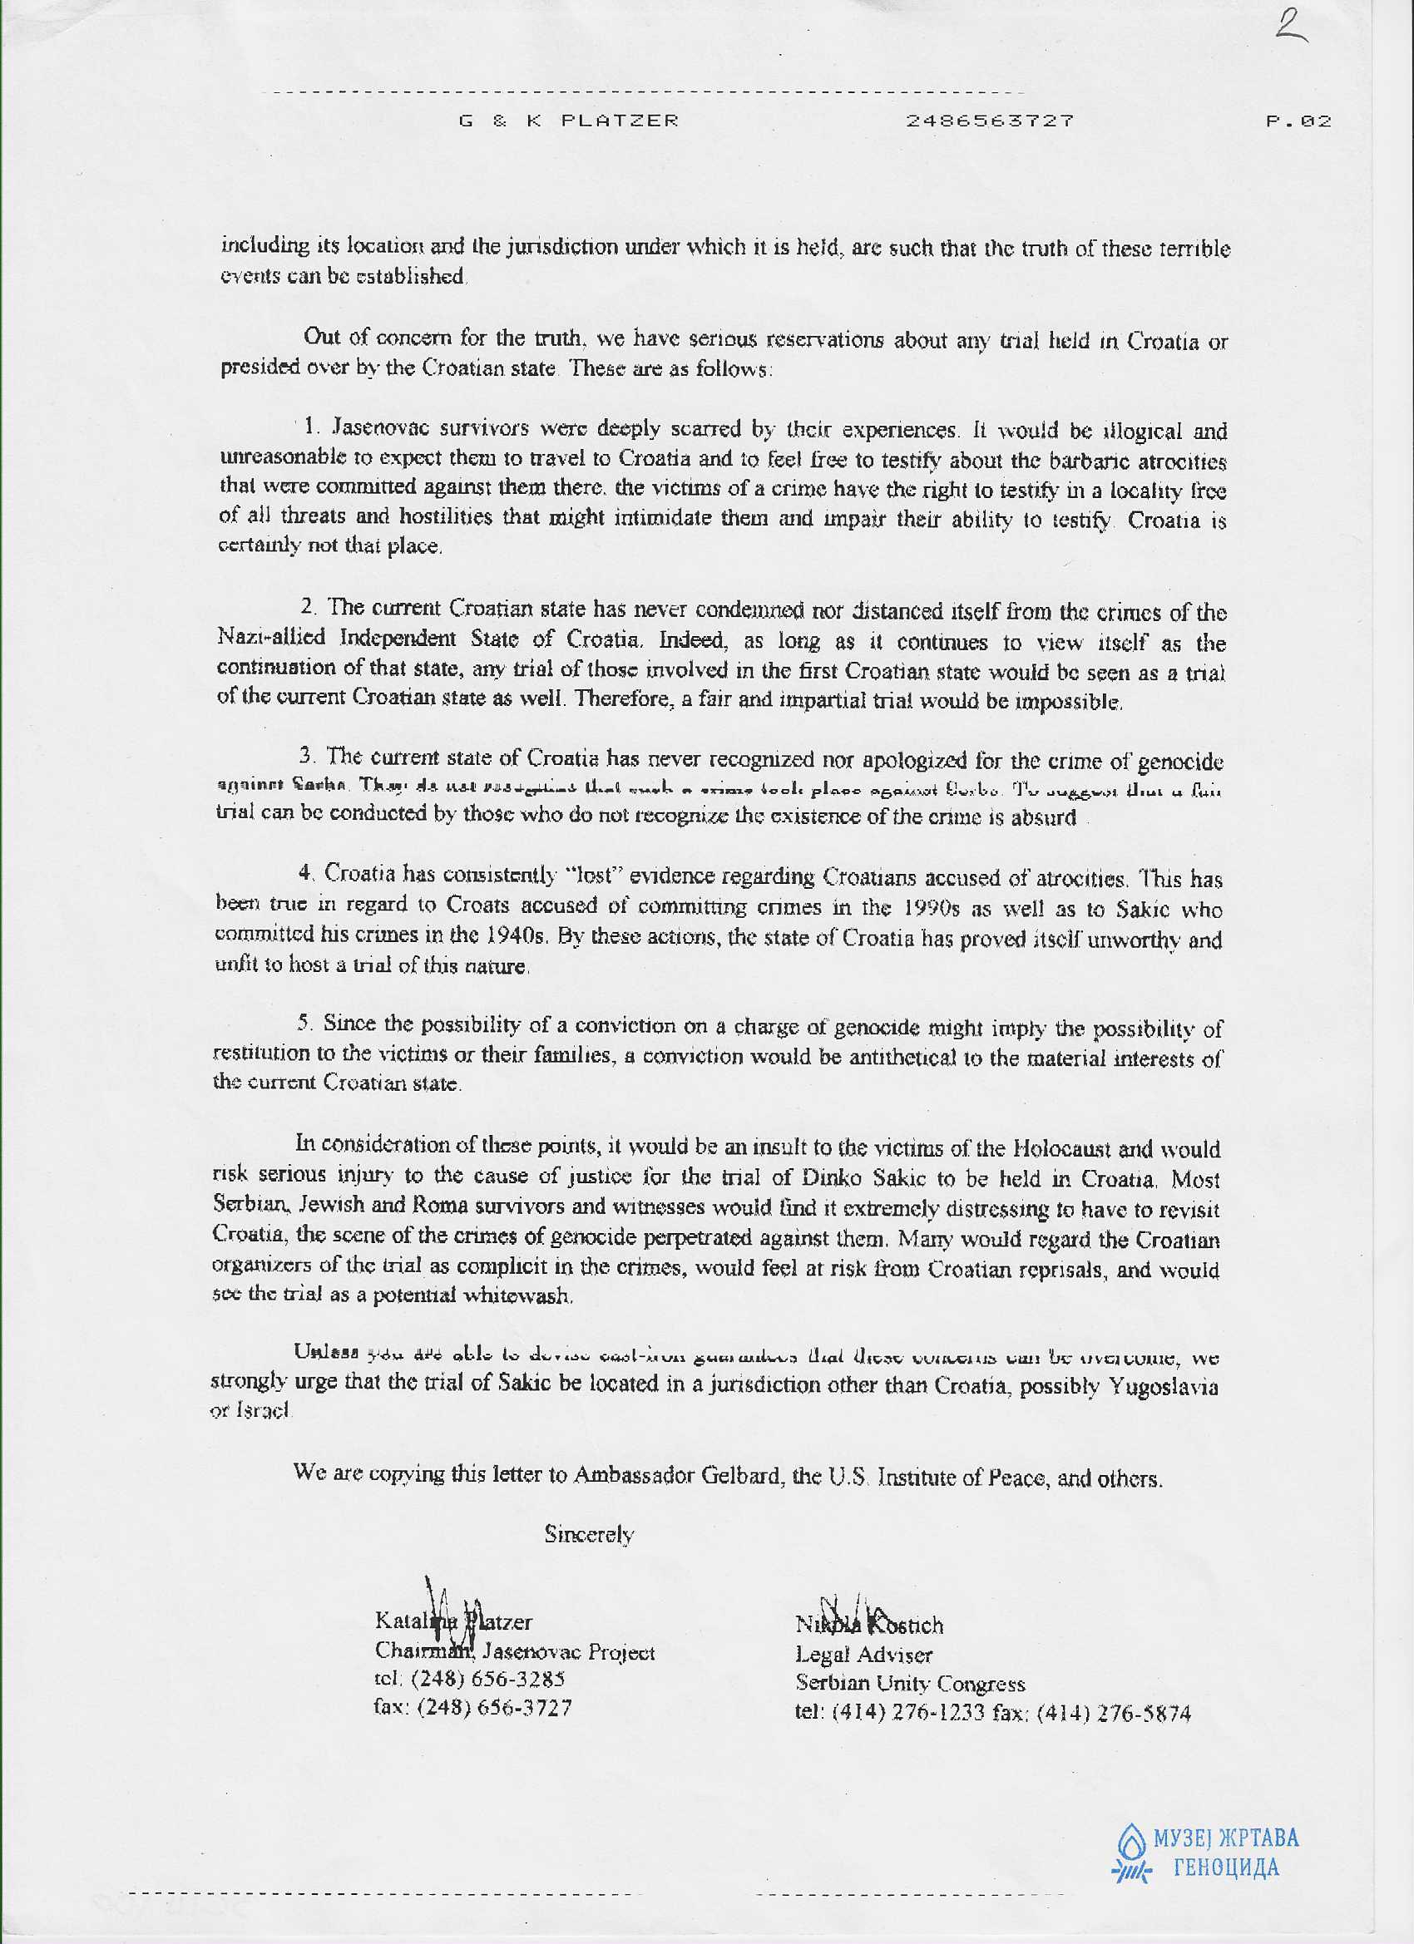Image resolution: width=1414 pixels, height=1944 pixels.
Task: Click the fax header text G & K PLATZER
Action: tap(569, 121)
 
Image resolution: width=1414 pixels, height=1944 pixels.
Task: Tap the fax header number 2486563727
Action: tap(989, 121)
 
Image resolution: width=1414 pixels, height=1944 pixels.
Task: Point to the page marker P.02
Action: tap(1298, 121)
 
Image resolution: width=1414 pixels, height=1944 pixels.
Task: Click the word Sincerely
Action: tap(589, 1534)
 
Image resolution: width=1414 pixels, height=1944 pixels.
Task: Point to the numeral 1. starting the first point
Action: tap(313, 426)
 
